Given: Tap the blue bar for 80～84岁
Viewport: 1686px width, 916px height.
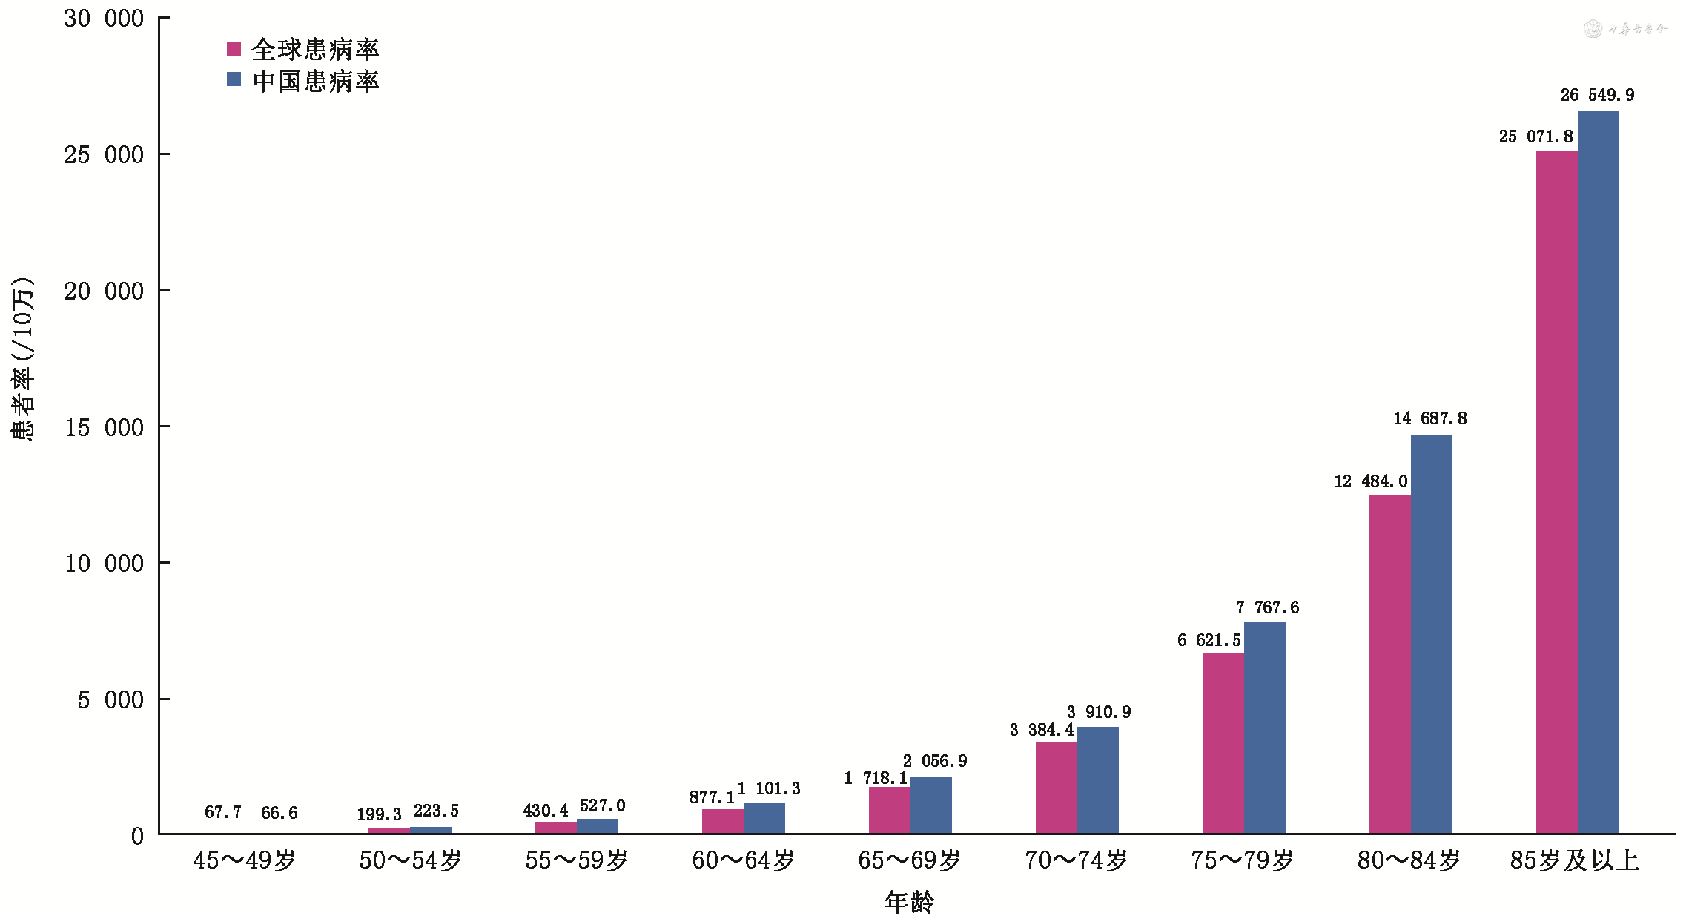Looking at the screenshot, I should click(x=1431, y=634).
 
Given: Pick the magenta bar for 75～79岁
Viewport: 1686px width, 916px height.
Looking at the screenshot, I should click(x=1223, y=743).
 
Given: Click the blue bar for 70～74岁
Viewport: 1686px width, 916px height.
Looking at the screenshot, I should click(x=1097, y=780).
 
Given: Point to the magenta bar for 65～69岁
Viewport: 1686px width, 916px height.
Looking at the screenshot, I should click(x=889, y=810).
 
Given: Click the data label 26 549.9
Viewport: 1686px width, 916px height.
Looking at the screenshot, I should click(x=1596, y=95).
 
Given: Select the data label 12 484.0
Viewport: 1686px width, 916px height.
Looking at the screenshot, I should click(x=1370, y=481).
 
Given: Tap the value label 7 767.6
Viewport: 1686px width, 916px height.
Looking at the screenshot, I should click(x=1267, y=607).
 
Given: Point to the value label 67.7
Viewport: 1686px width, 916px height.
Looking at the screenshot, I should click(x=223, y=812).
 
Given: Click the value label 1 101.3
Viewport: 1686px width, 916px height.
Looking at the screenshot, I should click(x=769, y=788).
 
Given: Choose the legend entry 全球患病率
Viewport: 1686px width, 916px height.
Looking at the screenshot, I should click(x=303, y=50).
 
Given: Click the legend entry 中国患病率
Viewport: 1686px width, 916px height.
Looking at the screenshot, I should click(x=303, y=81).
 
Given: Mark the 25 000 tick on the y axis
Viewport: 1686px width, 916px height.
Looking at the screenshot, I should click(x=104, y=154).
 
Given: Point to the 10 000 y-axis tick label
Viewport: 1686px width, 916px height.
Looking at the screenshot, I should click(x=104, y=563).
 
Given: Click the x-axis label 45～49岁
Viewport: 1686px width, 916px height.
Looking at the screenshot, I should click(x=244, y=860).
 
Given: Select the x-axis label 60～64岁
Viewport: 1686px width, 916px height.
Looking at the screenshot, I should click(x=743, y=860).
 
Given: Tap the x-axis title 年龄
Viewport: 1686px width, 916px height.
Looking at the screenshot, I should click(x=909, y=902).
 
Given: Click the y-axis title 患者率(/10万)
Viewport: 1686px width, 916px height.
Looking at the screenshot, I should click(x=22, y=359).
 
